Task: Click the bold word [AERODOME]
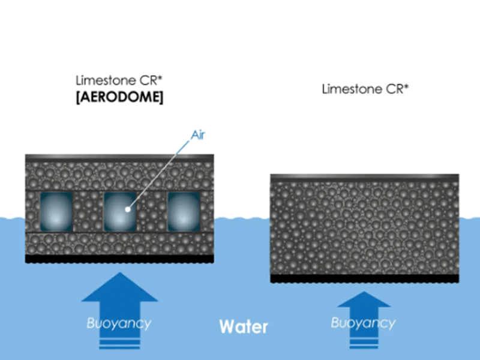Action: point(119,97)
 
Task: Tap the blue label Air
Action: point(198,134)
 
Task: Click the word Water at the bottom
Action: point(243,327)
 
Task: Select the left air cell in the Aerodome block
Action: point(56,212)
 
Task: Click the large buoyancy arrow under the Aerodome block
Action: point(119,300)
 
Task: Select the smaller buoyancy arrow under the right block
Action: point(363,312)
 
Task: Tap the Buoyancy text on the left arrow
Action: point(119,323)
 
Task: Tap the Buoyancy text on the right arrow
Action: point(363,323)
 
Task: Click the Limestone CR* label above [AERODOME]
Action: point(111,80)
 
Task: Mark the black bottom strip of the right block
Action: point(364,279)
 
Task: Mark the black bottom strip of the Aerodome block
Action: point(120,259)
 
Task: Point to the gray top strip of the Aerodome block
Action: point(120,158)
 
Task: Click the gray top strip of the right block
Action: point(364,178)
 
